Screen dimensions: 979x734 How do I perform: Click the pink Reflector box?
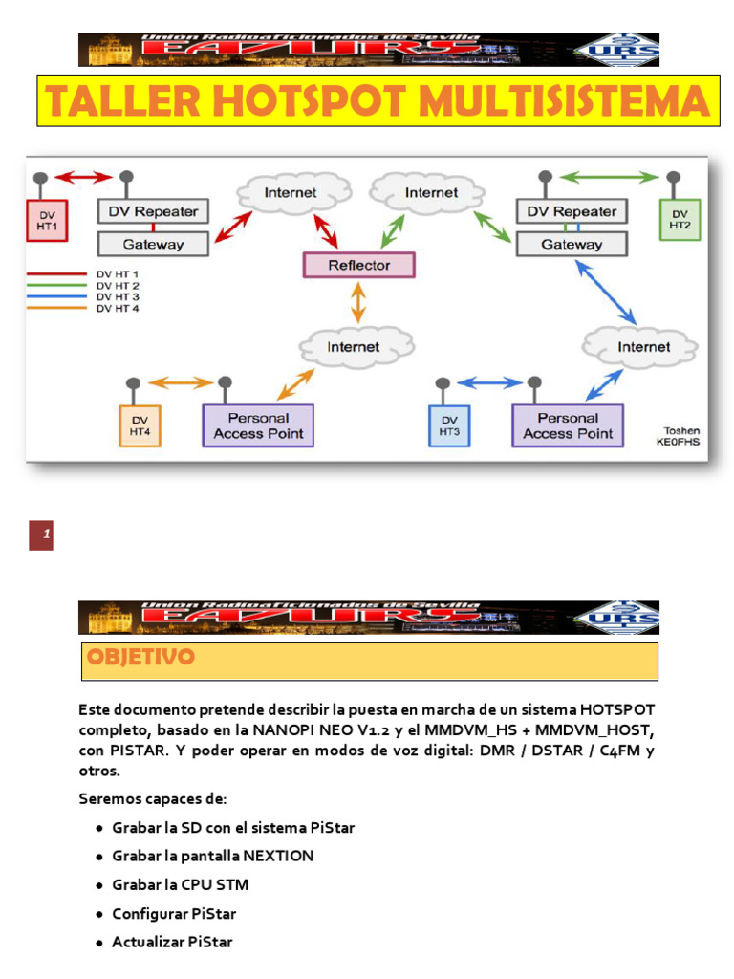[358, 265]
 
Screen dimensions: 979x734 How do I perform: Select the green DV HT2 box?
[680, 219]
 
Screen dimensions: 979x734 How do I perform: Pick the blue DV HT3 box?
[449, 425]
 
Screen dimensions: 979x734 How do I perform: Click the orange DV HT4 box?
[140, 425]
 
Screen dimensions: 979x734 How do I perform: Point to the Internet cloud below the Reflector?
[354, 346]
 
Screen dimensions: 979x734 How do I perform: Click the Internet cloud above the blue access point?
[643, 346]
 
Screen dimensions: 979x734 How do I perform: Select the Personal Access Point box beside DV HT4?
[258, 425]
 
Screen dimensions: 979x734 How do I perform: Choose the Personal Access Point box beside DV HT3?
[568, 425]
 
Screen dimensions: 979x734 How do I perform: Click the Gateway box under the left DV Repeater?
[154, 244]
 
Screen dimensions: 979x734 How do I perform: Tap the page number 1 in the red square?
[41, 536]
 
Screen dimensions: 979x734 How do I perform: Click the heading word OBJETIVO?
[140, 658]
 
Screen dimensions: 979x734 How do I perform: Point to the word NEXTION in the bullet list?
[278, 856]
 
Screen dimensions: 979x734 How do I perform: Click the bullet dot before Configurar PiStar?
[99, 915]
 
